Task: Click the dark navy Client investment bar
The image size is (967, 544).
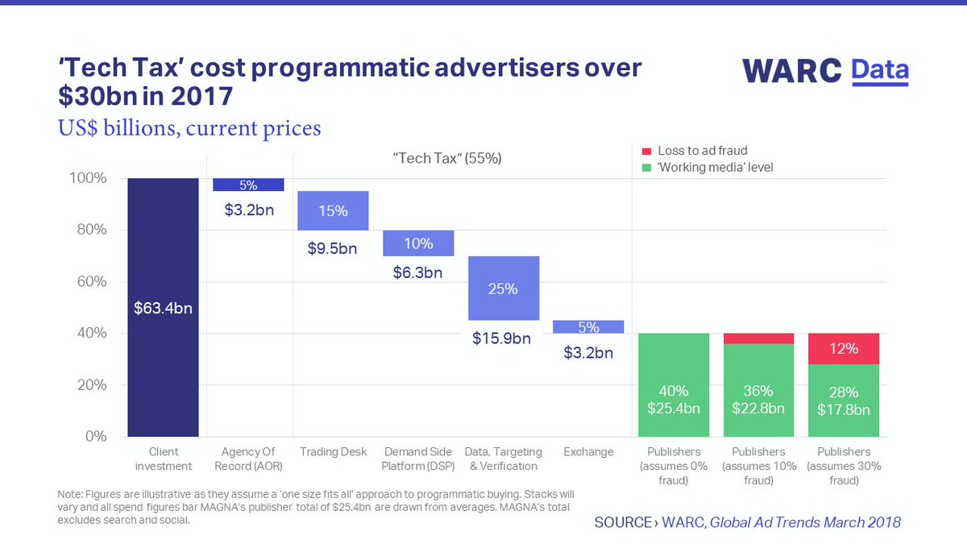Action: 163,307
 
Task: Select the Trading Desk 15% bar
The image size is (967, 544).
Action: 333,210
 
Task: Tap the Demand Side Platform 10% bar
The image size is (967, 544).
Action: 417,243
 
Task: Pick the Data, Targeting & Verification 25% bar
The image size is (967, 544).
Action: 504,288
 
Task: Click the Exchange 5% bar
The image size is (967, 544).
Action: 588,326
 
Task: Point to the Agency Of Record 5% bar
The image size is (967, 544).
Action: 247,185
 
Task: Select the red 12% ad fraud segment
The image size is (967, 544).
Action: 843,348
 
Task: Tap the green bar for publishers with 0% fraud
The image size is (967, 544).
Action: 673,384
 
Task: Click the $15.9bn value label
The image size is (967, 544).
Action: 501,338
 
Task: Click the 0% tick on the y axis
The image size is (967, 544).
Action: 96,436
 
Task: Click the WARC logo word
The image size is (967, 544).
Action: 793,70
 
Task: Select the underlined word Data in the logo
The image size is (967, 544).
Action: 880,71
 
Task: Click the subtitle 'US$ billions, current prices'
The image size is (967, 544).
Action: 189,127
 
